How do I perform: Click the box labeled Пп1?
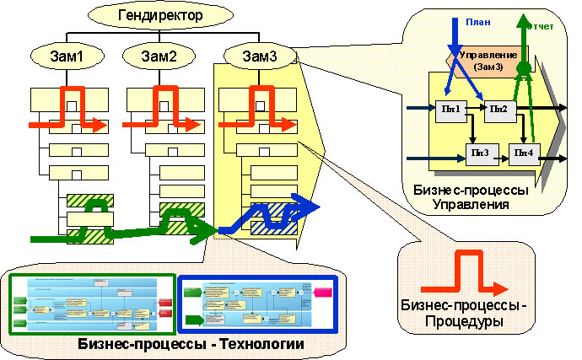pos(451,109)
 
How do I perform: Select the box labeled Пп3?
pos(482,153)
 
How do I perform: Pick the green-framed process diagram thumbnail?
pos(92,304)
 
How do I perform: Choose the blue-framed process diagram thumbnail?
pos(256,304)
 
